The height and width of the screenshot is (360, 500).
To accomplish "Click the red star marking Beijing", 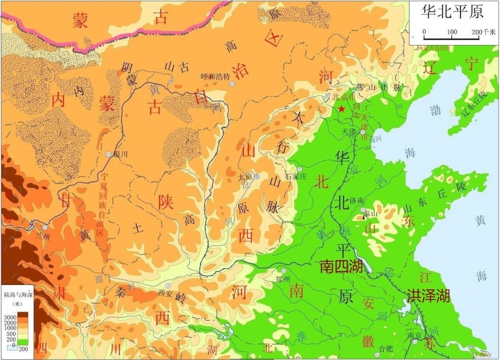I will [341, 108].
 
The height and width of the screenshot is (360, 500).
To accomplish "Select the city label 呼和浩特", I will [215, 76].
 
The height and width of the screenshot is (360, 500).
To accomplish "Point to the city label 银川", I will [121, 154].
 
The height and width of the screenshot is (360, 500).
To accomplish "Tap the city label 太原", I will [244, 176].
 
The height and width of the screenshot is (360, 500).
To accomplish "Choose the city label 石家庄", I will [295, 176].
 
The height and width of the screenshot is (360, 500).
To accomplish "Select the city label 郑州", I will [283, 279].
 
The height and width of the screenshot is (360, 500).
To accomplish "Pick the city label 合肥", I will [387, 348].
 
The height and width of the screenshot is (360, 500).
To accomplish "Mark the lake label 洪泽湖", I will [428, 295].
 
